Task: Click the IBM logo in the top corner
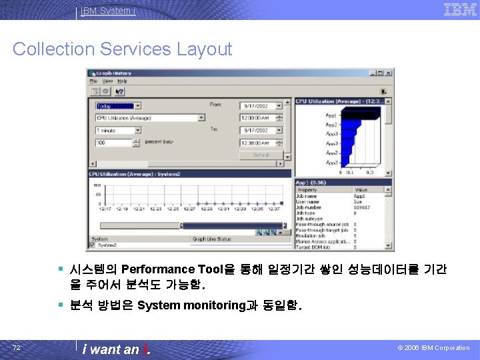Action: click(459, 9)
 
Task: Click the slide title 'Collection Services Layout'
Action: click(122, 49)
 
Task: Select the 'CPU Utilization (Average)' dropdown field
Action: click(150, 118)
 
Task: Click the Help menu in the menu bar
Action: click(122, 81)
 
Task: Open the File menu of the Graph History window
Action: click(94, 81)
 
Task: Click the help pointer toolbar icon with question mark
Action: click(120, 91)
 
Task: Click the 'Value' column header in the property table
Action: click(361, 190)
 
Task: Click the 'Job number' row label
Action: click(309, 207)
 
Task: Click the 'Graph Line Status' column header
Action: click(212, 239)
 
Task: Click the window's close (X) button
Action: click(389, 73)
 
